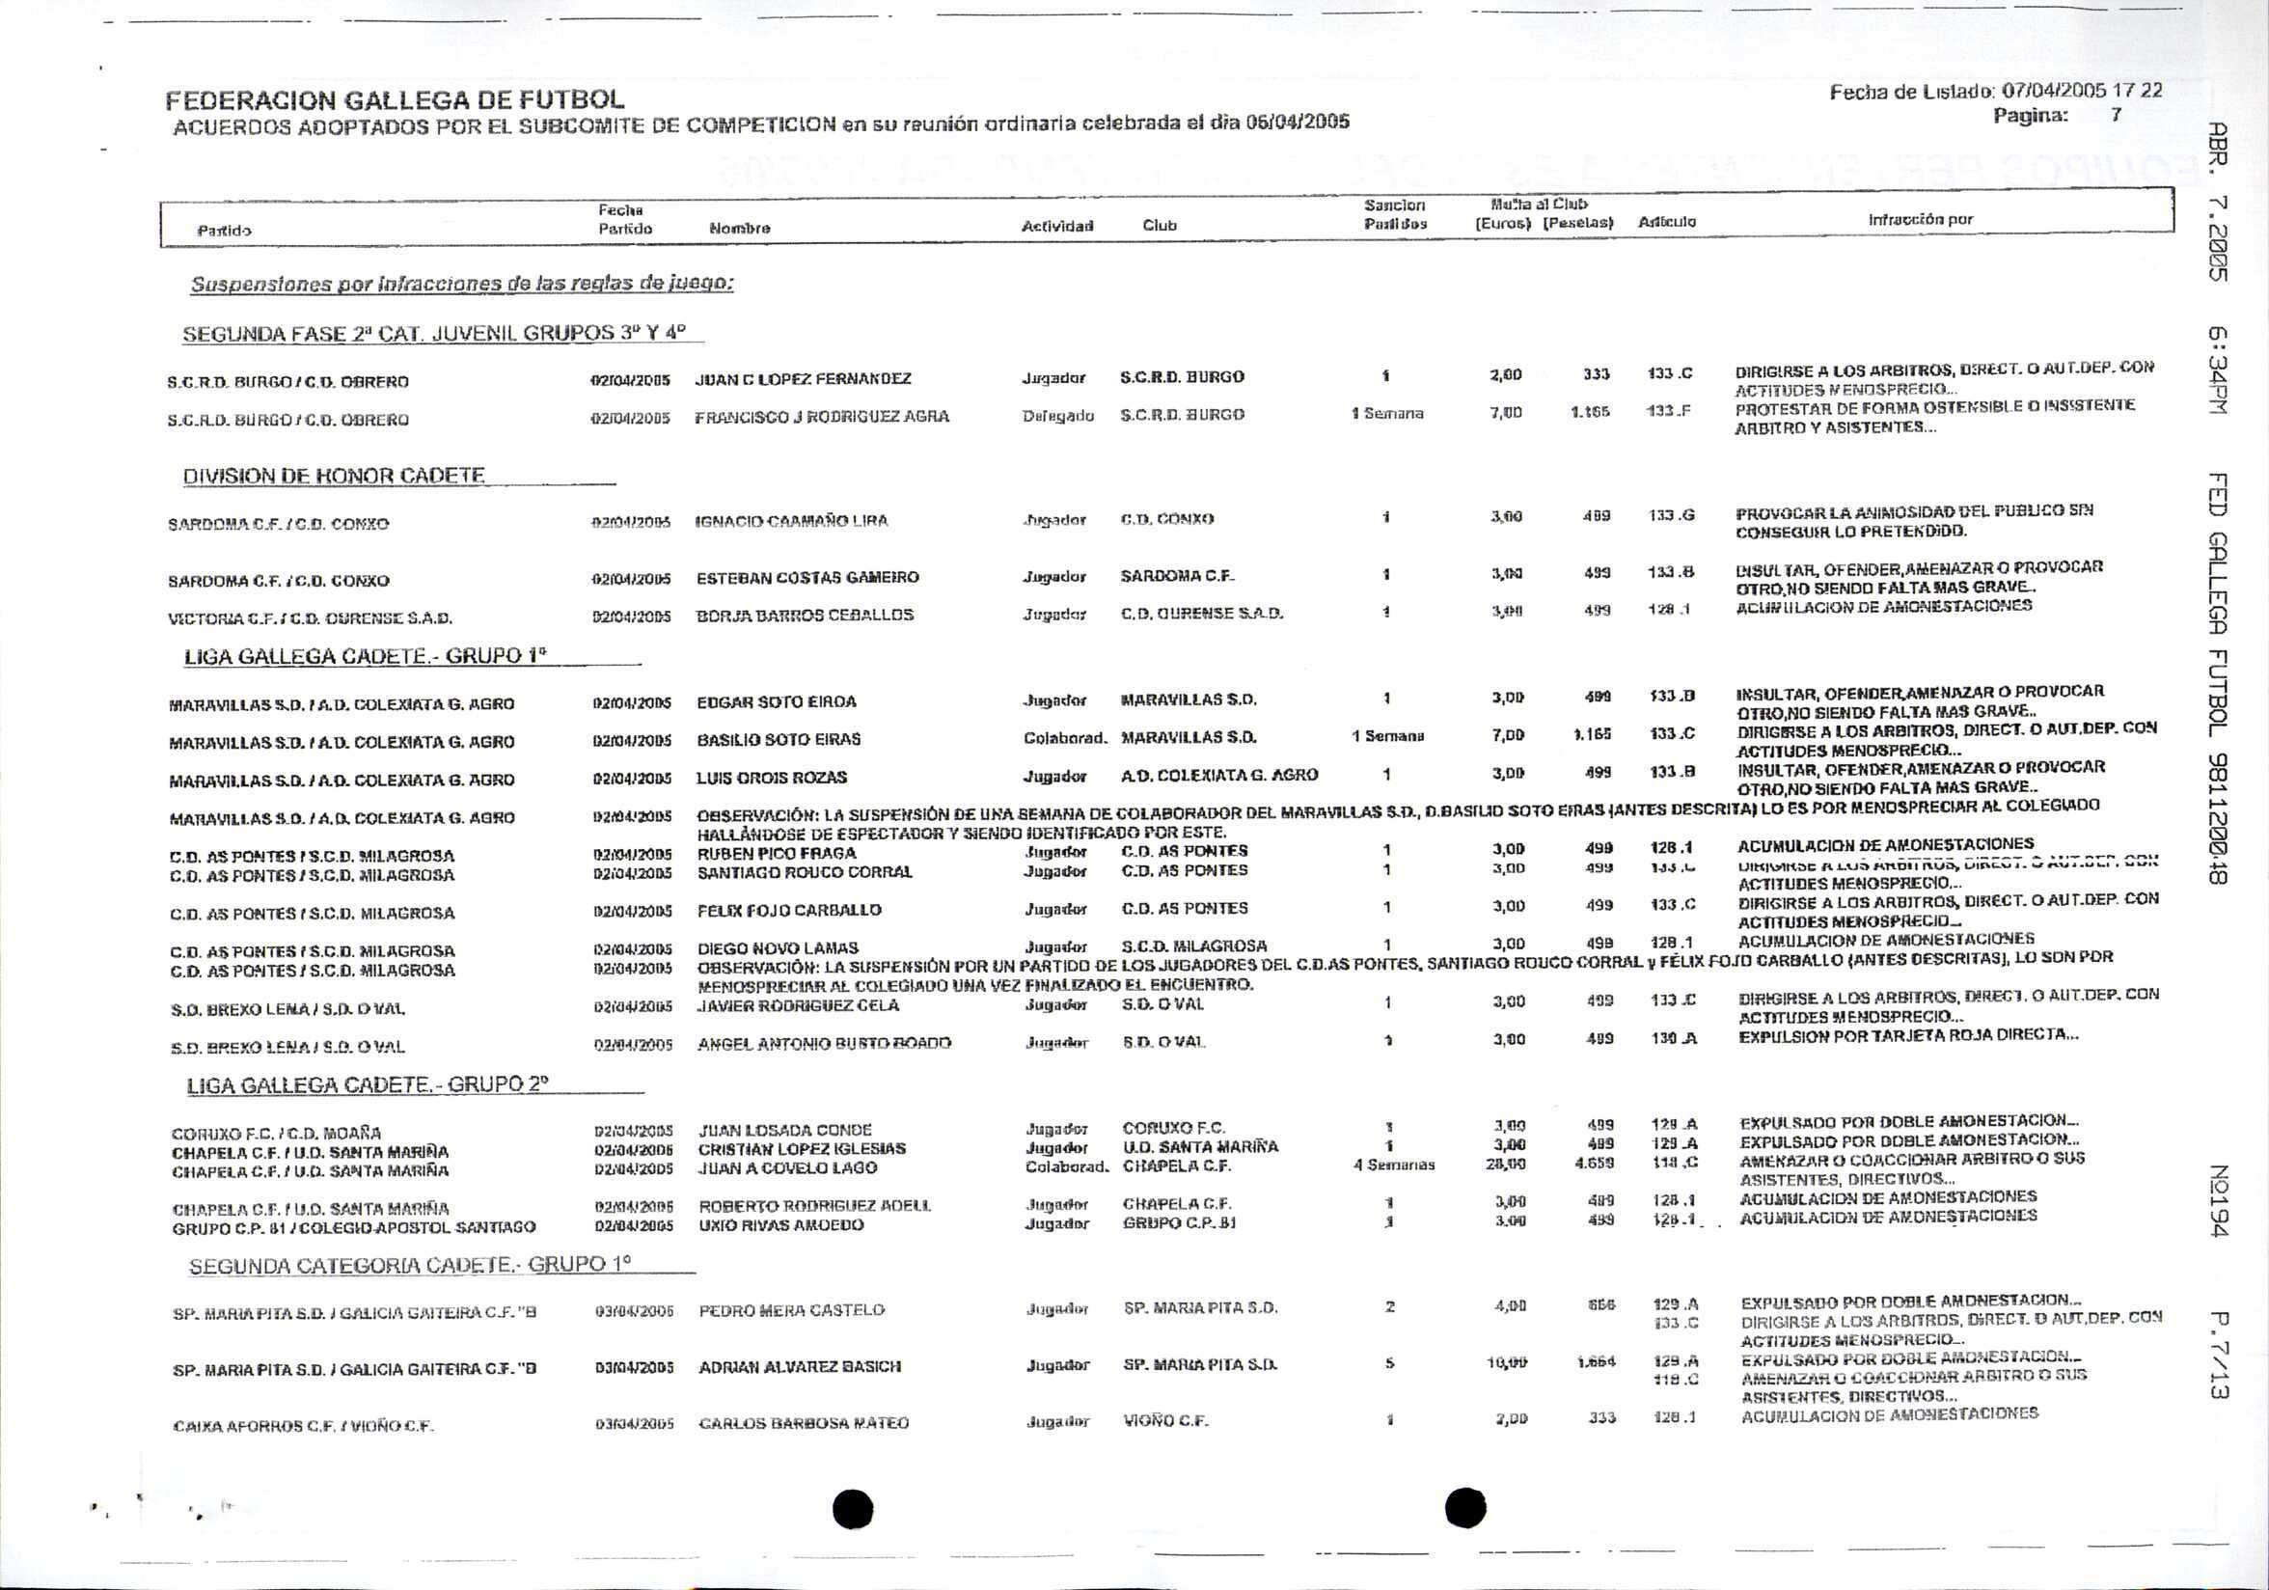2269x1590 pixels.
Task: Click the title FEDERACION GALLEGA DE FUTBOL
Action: [395, 99]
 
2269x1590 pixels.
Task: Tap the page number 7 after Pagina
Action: [2116, 115]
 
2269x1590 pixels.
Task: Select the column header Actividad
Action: [1056, 227]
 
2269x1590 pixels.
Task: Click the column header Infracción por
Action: [1919, 219]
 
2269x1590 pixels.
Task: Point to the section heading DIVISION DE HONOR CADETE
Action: [333, 477]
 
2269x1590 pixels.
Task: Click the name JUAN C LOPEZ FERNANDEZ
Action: [803, 378]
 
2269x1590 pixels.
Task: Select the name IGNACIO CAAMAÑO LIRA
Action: [792, 521]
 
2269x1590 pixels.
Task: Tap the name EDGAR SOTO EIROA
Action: [776, 701]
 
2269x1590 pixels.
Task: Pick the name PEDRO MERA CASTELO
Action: [791, 1310]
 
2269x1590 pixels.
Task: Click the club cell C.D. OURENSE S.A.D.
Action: [1201, 614]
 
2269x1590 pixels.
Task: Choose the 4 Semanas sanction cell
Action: [1393, 1165]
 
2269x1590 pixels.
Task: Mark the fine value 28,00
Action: [1508, 1165]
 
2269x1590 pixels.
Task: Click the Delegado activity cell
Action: [1057, 416]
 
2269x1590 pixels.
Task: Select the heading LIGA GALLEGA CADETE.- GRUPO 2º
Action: [367, 1085]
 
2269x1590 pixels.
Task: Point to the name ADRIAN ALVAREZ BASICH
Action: [799, 1368]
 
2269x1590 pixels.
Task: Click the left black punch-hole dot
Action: [853, 1508]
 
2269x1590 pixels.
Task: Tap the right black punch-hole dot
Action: [1464, 1507]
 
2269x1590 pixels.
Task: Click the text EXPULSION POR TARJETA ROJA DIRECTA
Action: [1907, 1034]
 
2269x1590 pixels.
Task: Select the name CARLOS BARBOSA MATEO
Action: [803, 1423]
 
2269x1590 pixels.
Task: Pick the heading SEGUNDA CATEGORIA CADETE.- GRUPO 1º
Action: [409, 1265]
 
